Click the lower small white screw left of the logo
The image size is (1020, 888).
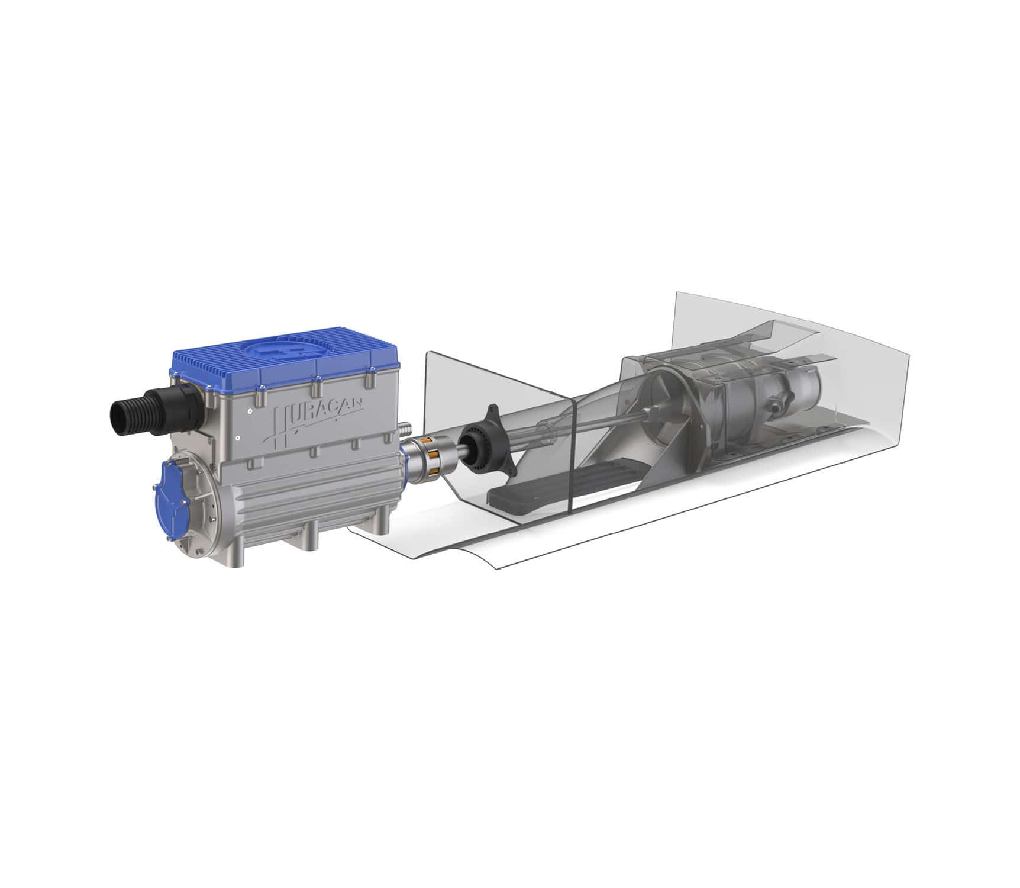coord(237,439)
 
